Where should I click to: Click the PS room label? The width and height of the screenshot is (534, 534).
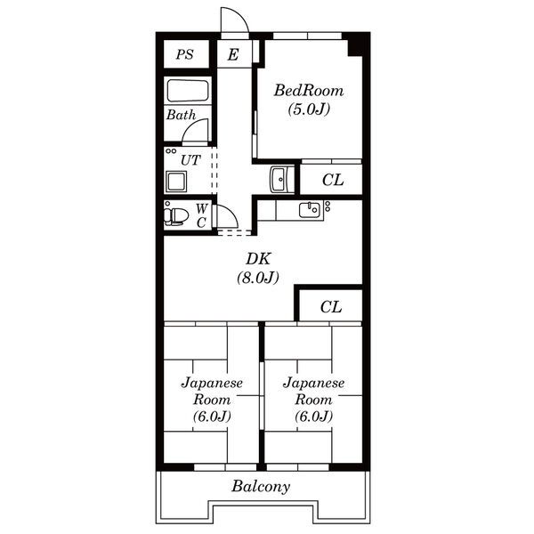[x=185, y=54]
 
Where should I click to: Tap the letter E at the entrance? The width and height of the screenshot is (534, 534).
[x=233, y=54]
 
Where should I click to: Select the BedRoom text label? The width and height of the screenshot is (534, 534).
[x=309, y=91]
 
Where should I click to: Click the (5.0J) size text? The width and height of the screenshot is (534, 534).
[x=309, y=109]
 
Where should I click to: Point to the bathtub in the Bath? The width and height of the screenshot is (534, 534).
[x=188, y=91]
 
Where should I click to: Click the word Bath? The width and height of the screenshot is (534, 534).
[x=182, y=115]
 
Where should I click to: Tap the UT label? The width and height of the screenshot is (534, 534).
[x=190, y=159]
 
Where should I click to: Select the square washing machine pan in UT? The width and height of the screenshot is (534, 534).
[x=176, y=182]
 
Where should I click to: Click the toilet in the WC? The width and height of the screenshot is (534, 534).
[x=176, y=216]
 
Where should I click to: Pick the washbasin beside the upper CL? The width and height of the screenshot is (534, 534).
[x=280, y=180]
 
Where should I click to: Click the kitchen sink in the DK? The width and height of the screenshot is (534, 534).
[x=310, y=210]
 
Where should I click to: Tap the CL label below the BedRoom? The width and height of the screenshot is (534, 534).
[x=333, y=180]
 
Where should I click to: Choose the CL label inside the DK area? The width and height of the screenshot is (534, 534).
[x=331, y=307]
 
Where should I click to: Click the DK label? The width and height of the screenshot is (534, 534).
[x=258, y=259]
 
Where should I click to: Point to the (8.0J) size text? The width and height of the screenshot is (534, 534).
[x=258, y=278]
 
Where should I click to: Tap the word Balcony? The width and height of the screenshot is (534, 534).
[x=261, y=486]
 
